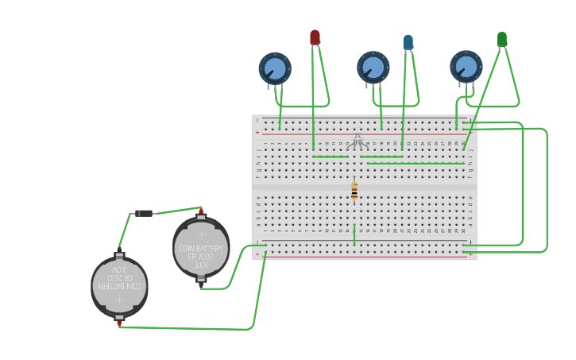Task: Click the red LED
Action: (315, 37)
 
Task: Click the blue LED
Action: (408, 42)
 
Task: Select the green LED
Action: (501, 39)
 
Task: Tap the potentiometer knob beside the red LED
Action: (275, 68)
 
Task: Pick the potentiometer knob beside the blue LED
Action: (373, 68)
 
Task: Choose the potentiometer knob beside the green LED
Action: (466, 67)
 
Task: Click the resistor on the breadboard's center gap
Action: (354, 191)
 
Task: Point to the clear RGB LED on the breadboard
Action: (357, 141)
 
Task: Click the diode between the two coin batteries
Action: (144, 213)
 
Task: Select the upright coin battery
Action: (201, 248)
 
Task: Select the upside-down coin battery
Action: (119, 286)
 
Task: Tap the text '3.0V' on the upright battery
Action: (201, 265)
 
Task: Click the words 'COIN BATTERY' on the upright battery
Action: (201, 248)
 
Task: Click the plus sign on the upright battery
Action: (201, 234)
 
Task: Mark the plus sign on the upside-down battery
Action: (119, 300)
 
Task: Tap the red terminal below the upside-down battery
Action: (119, 323)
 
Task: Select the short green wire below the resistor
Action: (354, 234)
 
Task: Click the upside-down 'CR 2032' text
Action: (119, 277)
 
